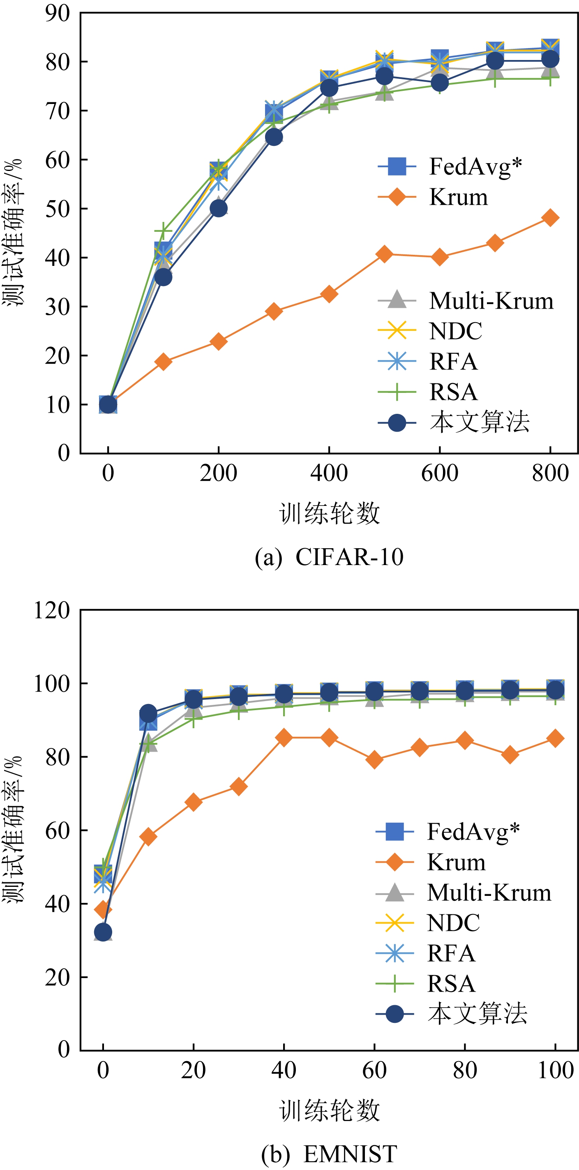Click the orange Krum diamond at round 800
[550, 217]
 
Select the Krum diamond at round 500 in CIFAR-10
[384, 254]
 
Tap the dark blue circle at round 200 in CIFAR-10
[219, 208]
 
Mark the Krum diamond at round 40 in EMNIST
[284, 738]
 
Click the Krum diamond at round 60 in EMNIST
[374, 759]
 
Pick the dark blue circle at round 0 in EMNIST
[103, 932]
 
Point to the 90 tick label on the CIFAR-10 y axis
[58, 14]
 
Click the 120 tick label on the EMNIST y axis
[52, 610]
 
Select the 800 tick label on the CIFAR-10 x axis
[550, 473]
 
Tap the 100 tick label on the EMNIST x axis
[555, 1070]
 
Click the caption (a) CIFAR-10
[329, 557]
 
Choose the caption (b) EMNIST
[329, 1154]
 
